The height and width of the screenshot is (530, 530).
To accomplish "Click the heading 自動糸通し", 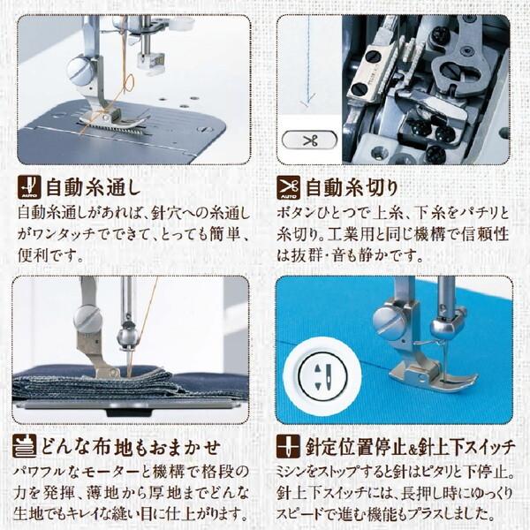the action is [x=93, y=187].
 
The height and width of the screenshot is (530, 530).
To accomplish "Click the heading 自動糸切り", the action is [x=352, y=187].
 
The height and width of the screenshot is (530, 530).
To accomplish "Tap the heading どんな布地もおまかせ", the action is [x=131, y=447].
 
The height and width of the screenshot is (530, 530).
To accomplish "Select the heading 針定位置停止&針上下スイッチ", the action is [x=410, y=447].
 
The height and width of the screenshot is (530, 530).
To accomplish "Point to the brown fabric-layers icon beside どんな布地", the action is [x=25, y=446].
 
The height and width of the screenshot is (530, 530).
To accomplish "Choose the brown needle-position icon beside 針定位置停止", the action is [x=288, y=446].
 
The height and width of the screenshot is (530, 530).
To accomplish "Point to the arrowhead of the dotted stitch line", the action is [x=307, y=102].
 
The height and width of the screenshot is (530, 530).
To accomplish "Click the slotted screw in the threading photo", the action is [x=80, y=71].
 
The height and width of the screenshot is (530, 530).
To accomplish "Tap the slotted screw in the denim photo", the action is [x=87, y=320].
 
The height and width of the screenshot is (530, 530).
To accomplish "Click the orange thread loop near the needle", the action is [x=127, y=85].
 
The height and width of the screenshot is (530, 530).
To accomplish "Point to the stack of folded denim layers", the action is [x=95, y=384].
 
